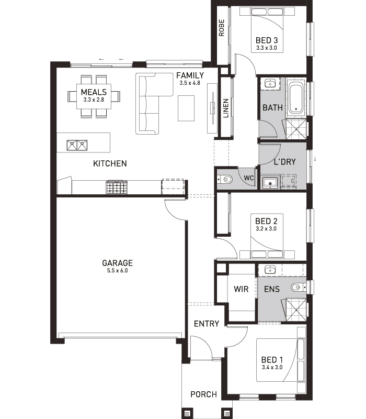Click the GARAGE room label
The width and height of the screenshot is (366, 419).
[117, 263]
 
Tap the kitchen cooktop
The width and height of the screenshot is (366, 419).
[117, 187]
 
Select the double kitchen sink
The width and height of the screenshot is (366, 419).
[77, 145]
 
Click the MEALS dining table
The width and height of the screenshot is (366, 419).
[94, 96]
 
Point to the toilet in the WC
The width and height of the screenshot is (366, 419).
[225, 179]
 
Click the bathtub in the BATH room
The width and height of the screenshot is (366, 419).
[296, 98]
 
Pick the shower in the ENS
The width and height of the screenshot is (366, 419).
[296, 310]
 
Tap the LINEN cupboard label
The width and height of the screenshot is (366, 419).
[226, 108]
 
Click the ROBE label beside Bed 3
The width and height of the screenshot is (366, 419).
[221, 28]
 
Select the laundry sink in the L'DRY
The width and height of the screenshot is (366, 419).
[270, 183]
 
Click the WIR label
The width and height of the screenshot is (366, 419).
[241, 289]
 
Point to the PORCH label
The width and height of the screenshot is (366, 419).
[203, 394]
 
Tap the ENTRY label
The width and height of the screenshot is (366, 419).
[206, 324]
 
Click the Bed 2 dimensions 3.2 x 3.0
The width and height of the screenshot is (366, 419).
[266, 229]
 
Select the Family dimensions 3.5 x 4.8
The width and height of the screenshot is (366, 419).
[190, 83]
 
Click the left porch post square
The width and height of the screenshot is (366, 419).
[187, 414]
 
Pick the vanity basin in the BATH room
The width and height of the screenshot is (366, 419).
[270, 84]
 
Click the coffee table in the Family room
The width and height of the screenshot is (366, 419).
[186, 108]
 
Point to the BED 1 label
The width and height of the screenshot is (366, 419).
[272, 360]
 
